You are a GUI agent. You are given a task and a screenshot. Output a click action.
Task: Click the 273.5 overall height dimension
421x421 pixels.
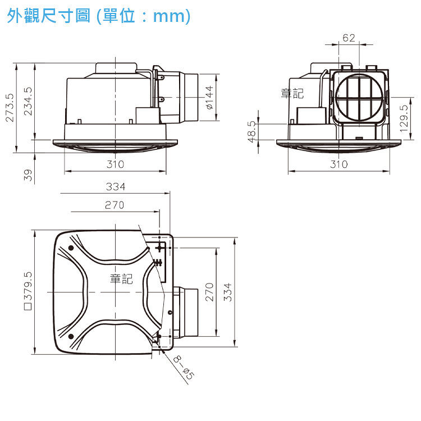click(x=10, y=108)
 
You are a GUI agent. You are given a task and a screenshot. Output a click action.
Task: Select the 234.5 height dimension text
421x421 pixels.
click(x=28, y=102)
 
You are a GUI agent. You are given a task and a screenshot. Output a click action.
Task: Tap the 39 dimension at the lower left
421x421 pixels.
click(x=28, y=175)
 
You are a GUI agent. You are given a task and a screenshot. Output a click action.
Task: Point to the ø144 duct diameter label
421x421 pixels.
click(x=210, y=98)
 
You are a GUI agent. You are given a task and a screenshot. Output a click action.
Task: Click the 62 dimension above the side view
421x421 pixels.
click(x=349, y=38)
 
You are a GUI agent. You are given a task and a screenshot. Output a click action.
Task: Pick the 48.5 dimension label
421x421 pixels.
click(x=251, y=131)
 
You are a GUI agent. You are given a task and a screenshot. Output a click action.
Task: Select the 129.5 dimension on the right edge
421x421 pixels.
click(x=404, y=118)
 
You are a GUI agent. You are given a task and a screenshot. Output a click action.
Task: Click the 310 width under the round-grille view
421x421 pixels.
click(x=339, y=164)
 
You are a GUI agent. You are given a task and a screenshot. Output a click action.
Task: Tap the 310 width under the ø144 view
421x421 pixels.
click(x=116, y=164)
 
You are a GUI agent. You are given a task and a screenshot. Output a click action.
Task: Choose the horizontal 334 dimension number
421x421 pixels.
click(x=116, y=186)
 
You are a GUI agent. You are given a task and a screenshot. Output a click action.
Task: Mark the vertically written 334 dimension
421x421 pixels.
click(x=227, y=292)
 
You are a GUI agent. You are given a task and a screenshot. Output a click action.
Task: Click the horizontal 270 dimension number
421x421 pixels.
click(x=115, y=205)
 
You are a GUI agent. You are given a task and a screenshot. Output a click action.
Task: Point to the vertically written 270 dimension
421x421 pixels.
click(x=209, y=292)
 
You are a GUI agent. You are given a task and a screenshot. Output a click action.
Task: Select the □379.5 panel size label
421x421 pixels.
click(x=28, y=291)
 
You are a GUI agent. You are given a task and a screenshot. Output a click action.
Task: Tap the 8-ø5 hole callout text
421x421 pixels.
click(x=184, y=368)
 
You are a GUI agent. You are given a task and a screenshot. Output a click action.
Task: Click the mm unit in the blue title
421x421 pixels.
click(x=169, y=16)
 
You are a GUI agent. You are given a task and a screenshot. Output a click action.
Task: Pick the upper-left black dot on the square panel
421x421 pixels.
click(x=71, y=248)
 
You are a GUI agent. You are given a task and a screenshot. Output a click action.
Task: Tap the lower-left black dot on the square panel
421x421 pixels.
click(x=71, y=336)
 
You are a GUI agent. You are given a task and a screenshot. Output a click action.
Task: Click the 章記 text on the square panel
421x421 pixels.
click(x=121, y=278)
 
